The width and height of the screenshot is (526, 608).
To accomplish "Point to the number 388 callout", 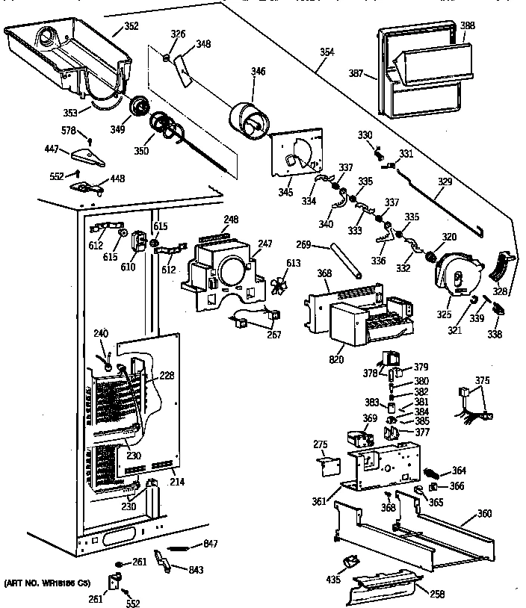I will (x=467, y=25).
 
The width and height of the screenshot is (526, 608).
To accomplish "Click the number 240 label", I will (x=100, y=333).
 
